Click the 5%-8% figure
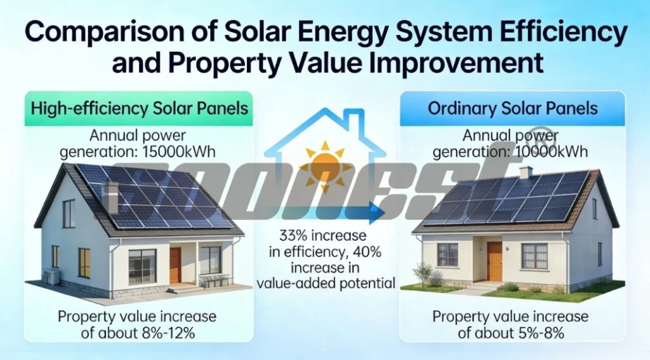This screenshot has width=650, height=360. pyautogui.click(x=540, y=332)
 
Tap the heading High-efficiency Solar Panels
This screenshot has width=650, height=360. pyautogui.click(x=139, y=108)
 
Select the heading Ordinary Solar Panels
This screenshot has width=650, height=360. pyautogui.click(x=513, y=108)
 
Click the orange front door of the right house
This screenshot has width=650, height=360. pyautogui.click(x=494, y=261)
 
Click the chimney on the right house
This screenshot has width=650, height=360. pyautogui.click(x=525, y=172)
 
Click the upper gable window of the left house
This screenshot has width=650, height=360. pyautogui.click(x=69, y=213)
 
